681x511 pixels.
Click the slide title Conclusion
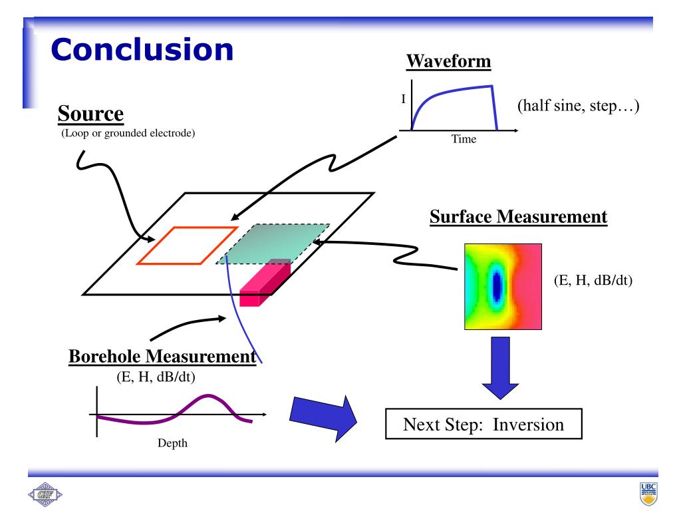click(x=142, y=50)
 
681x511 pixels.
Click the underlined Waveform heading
click(x=449, y=62)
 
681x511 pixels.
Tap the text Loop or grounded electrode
click(x=128, y=134)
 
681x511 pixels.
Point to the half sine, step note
click(x=577, y=106)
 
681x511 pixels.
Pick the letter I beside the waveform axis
click(x=403, y=99)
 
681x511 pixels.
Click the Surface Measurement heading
click(x=518, y=217)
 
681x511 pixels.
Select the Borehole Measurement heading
click(x=162, y=357)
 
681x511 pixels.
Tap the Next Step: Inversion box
click(x=483, y=425)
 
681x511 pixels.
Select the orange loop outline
click(x=187, y=246)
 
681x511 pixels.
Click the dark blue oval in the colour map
click(x=496, y=286)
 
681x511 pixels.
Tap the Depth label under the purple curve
click(x=172, y=442)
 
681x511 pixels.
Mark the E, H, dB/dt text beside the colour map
click(x=593, y=280)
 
